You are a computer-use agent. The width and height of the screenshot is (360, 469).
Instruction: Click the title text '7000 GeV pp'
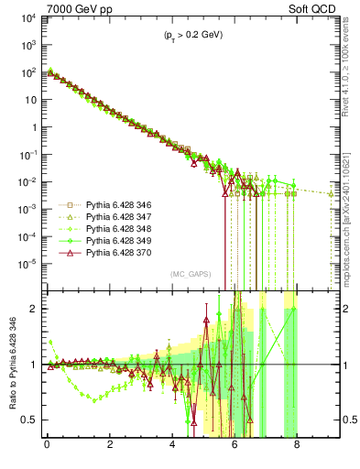pyautogui.click(x=74, y=9)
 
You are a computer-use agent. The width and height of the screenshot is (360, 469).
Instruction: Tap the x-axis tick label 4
pyautogui.click(x=172, y=449)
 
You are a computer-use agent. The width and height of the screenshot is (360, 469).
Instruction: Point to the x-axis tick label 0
pyautogui.click(x=47, y=449)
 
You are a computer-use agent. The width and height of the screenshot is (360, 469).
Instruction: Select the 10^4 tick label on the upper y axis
pyautogui.click(x=27, y=18)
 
